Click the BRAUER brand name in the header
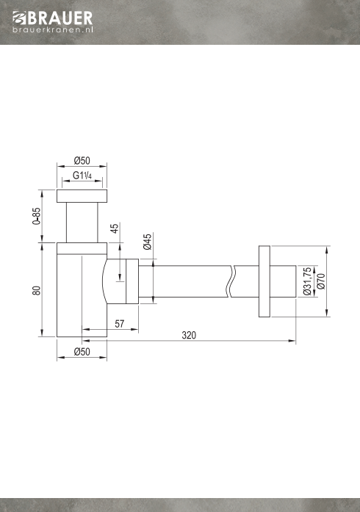(x=60, y=18)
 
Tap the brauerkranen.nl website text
(x=53, y=29)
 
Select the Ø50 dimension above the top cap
(x=82, y=161)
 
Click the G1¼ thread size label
(x=82, y=176)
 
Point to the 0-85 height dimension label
(x=37, y=216)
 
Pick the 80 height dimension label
(x=37, y=290)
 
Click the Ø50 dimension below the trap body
(x=82, y=352)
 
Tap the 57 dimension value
(x=120, y=324)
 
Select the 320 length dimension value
(x=189, y=336)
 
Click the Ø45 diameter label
(x=148, y=242)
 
